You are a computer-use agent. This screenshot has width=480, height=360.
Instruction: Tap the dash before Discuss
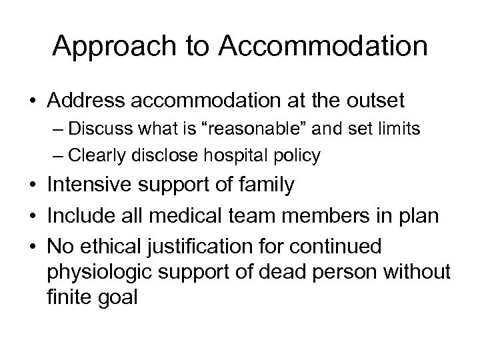[x=57, y=129]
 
